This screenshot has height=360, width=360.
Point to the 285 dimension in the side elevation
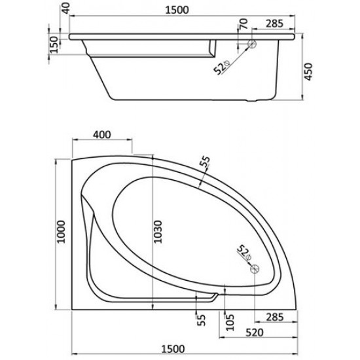pyautogui.click(x=273, y=24)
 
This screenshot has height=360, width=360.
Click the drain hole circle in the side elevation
pyautogui.click(x=252, y=45)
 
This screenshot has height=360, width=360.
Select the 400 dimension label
pyautogui.click(x=101, y=135)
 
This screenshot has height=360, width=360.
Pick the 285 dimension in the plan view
pyautogui.click(x=274, y=317)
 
